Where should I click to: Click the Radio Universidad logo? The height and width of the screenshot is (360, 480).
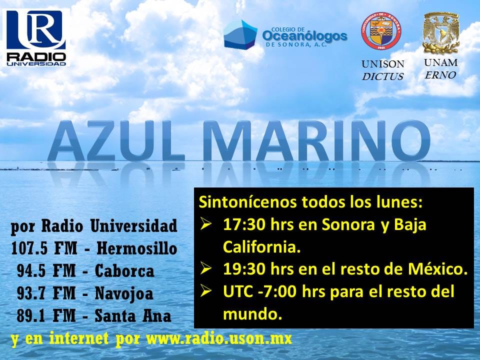point(36,37)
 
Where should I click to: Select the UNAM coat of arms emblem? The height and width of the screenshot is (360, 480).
point(441,33)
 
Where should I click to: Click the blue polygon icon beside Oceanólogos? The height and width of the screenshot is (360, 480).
point(240,34)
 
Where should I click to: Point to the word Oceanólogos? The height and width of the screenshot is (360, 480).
point(304,36)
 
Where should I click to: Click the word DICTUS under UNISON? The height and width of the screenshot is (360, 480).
point(382,76)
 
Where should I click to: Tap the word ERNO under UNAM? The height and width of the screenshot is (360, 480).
point(440,75)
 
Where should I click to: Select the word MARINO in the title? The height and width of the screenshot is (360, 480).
point(317,141)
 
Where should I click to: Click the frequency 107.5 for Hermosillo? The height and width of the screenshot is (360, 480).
point(29,248)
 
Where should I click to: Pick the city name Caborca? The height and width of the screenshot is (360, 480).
point(124,271)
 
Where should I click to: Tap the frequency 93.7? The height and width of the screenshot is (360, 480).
point(29,293)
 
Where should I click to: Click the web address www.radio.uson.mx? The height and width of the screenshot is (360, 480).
point(219,338)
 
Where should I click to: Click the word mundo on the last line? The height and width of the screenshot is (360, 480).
point(252,314)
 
